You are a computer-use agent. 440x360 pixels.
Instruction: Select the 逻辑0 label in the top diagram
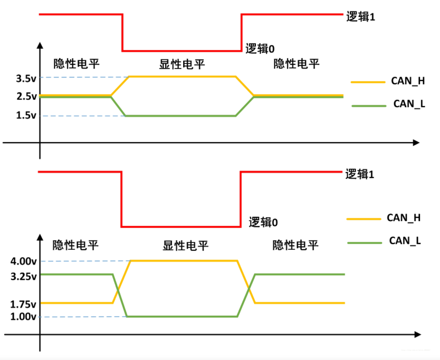260,49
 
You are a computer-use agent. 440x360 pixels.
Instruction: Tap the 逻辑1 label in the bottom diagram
359,174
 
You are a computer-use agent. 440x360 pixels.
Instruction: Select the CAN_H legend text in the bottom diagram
403,218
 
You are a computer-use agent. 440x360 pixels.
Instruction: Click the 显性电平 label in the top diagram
182,64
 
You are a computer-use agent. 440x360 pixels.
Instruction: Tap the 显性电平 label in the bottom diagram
185,245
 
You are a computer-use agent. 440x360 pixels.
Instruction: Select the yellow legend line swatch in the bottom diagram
363,218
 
